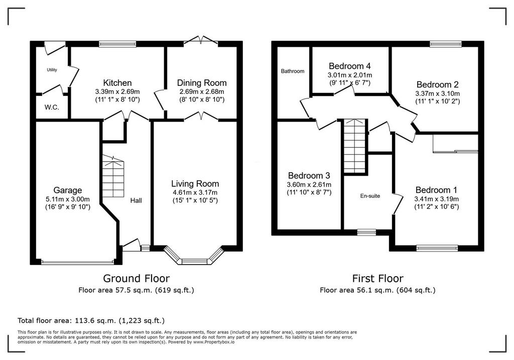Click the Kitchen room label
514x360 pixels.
117,83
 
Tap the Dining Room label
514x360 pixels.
202,83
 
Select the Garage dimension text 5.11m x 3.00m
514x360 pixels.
68,199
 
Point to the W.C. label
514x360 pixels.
52,107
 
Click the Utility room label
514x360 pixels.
52,70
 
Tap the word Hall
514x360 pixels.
136,200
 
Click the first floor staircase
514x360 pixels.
355,146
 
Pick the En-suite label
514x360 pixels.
370,196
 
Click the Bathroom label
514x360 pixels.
293,71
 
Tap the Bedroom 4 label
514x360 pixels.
350,66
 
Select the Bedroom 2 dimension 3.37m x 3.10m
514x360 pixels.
438,93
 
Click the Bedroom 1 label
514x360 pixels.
436,190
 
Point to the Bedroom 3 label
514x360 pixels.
309,176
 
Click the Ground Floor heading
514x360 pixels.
137,278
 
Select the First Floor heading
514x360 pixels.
377,278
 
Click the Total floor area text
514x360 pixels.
91,320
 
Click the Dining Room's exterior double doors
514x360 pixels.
201,41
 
